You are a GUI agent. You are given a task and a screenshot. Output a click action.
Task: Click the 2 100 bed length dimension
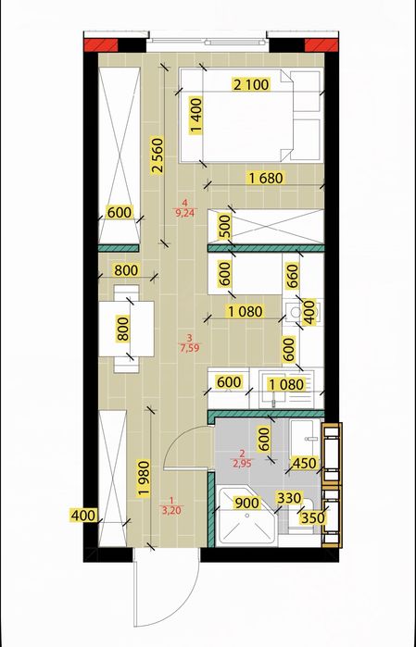(x=252, y=84)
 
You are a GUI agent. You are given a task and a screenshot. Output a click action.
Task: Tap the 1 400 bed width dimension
(x=196, y=116)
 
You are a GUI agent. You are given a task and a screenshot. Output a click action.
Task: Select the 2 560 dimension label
(x=157, y=157)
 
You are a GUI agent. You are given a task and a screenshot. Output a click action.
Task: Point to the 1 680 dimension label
(x=267, y=179)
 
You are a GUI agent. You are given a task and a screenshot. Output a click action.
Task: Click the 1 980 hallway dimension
(x=144, y=479)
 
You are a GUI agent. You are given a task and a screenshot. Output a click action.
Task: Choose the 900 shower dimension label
(x=246, y=503)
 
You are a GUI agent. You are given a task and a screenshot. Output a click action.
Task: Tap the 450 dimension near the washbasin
(x=304, y=463)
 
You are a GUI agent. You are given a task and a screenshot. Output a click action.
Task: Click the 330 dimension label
(x=289, y=498)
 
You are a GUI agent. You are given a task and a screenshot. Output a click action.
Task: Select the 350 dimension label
(x=313, y=517)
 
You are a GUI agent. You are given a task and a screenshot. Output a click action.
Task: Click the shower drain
(x=246, y=515)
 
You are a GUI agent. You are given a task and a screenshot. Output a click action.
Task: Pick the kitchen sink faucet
(x=273, y=401)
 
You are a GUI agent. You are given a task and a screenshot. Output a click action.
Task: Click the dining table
(x=126, y=329)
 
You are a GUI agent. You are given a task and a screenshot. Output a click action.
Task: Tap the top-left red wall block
(x=101, y=45)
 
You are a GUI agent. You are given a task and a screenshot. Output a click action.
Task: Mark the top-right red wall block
(x=321, y=45)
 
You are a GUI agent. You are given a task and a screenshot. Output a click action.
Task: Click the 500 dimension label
(x=225, y=226)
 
